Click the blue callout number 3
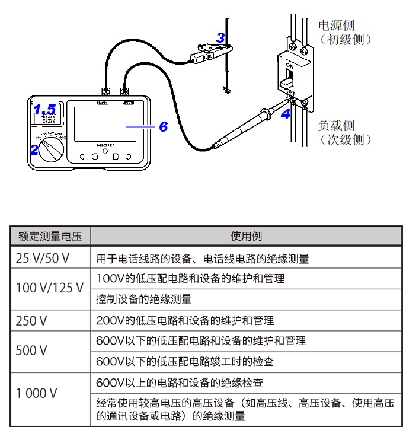click(220, 38)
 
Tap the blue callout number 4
click(286, 114)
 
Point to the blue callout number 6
click(163, 126)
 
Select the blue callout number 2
click(34, 149)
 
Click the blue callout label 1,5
click(44, 110)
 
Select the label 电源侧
click(337, 26)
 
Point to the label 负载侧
click(337, 126)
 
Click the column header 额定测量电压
click(50, 236)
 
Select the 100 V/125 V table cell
click(50, 288)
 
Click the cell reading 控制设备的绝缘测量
click(144, 299)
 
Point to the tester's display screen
click(102, 126)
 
